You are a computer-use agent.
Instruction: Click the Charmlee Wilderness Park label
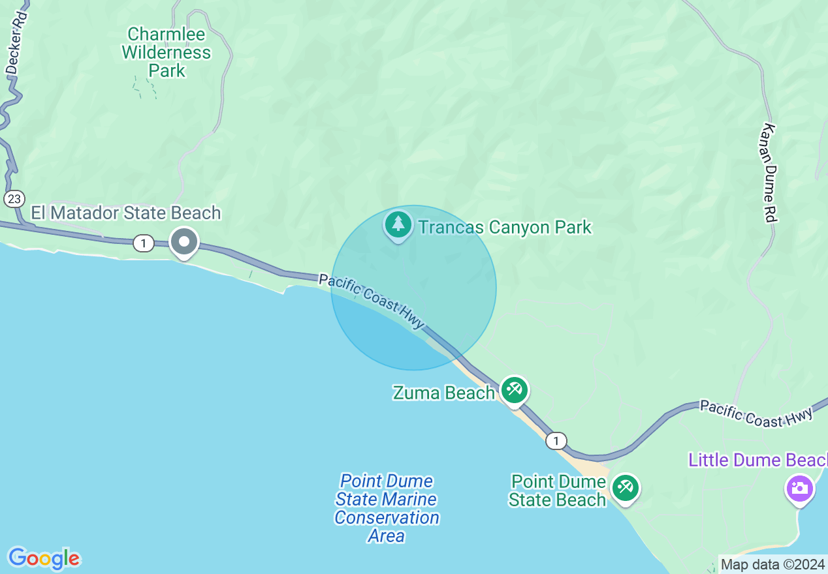point(167,52)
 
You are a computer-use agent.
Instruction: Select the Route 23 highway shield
point(14,199)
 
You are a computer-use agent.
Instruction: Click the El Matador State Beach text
point(126,213)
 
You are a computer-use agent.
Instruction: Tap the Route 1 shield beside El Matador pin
point(143,243)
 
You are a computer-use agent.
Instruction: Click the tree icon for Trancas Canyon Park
point(398,225)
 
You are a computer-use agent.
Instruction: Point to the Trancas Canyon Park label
point(504,227)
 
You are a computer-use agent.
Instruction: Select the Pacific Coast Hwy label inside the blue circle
point(372,301)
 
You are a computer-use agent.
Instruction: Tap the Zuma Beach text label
point(443,393)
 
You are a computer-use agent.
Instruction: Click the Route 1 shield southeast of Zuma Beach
point(556,441)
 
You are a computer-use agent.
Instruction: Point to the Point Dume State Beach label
point(558,491)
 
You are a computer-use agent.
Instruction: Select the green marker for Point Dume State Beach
point(626,488)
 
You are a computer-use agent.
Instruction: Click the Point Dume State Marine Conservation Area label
point(387,508)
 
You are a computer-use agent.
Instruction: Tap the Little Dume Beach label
point(757,460)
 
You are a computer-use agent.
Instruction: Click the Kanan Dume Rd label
point(769,173)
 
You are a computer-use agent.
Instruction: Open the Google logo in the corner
point(44,558)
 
